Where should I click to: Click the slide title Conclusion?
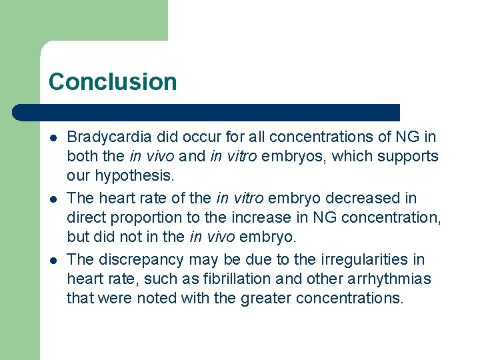(113, 82)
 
